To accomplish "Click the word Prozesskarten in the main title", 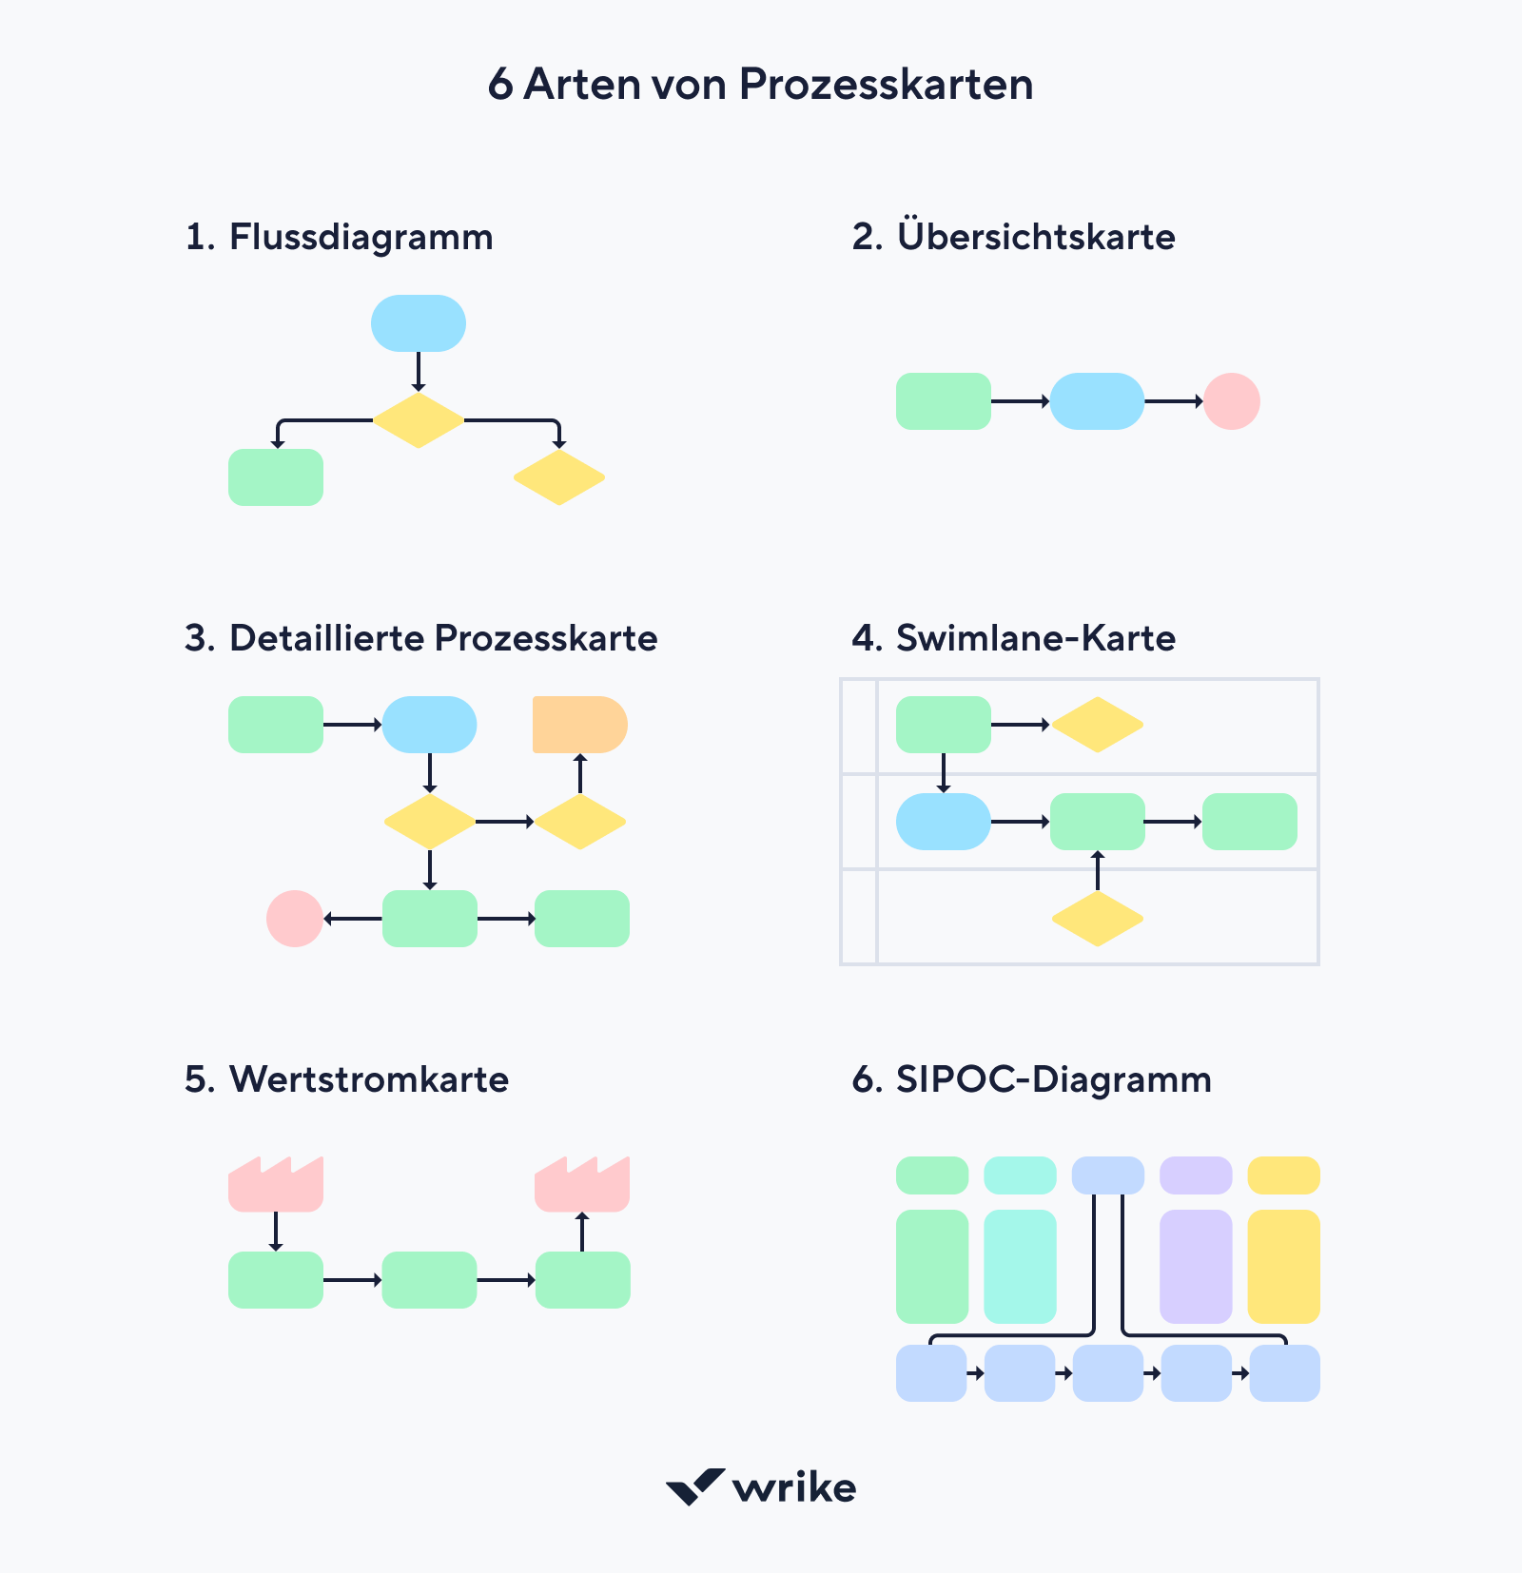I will pyautogui.click(x=886, y=85).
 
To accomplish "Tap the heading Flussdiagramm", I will pyautogui.click(x=361, y=237).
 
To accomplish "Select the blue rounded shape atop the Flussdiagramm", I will pyautogui.click(x=419, y=323).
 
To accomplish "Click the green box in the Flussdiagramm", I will pyautogui.click(x=276, y=477).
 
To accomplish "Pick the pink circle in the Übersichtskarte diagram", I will pyautogui.click(x=1232, y=401).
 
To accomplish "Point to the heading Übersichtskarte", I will pyautogui.click(x=1036, y=237).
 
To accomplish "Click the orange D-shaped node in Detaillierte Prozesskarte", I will pyautogui.click(x=579, y=725).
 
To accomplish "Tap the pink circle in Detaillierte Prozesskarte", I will pyautogui.click(x=295, y=919).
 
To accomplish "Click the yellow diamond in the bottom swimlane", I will pyautogui.click(x=1097, y=919).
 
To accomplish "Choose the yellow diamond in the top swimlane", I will pyautogui.click(x=1097, y=725).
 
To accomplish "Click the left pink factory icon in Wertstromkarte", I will pyautogui.click(x=276, y=1186).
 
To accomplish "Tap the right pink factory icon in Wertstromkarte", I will pyautogui.click(x=582, y=1186).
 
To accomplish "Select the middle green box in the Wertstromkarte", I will pyautogui.click(x=429, y=1280).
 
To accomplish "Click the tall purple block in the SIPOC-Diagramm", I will pyautogui.click(x=1196, y=1267).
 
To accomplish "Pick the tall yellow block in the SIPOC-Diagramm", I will pyautogui.click(x=1283, y=1267).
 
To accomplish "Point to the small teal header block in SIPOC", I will pyautogui.click(x=1020, y=1175).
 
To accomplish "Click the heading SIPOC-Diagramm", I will pyautogui.click(x=1053, y=1079).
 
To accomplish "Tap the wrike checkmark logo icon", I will pyautogui.click(x=695, y=1486).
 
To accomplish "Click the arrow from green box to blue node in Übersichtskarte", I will pyautogui.click(x=1020, y=401).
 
